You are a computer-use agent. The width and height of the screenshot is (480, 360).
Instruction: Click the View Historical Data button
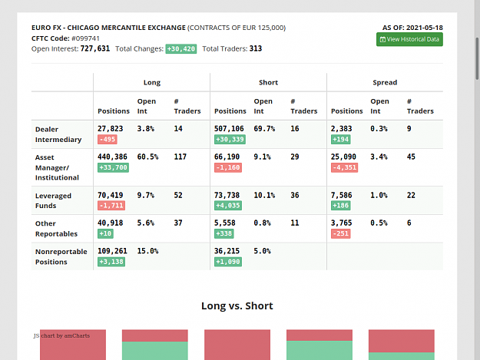click(x=409, y=39)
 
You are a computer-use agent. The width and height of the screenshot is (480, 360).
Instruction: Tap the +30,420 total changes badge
click(x=181, y=49)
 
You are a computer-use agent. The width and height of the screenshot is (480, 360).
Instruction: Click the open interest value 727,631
click(x=95, y=48)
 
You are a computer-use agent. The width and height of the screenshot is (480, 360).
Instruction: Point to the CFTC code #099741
click(x=85, y=38)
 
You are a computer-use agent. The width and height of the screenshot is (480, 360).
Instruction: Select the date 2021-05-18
click(x=425, y=28)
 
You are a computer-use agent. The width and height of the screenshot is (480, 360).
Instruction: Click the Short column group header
click(x=268, y=82)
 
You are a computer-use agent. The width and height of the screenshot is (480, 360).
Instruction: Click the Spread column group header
click(x=385, y=82)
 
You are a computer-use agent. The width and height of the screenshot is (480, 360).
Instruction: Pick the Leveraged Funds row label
click(x=53, y=200)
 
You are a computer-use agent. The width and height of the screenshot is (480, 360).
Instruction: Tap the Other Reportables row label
click(x=56, y=229)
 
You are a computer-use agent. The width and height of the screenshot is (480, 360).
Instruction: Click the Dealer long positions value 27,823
click(x=110, y=129)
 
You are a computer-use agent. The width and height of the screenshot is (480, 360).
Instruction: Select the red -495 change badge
click(x=108, y=140)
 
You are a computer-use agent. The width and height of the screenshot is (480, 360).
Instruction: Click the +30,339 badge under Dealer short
click(x=230, y=140)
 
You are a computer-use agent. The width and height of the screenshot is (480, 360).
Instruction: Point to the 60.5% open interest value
click(x=147, y=157)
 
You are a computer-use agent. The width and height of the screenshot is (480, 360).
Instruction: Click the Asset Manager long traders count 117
click(x=180, y=157)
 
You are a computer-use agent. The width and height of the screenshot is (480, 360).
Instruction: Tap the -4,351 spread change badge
click(x=344, y=167)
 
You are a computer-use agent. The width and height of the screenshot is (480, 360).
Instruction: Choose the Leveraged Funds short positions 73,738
click(x=227, y=195)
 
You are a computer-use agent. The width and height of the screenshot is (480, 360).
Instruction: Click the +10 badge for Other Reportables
click(x=105, y=233)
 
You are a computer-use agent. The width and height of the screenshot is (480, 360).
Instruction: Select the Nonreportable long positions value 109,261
click(x=112, y=251)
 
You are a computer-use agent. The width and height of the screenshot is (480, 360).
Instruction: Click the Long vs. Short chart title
click(x=237, y=306)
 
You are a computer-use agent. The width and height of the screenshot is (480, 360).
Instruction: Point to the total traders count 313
click(x=256, y=48)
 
